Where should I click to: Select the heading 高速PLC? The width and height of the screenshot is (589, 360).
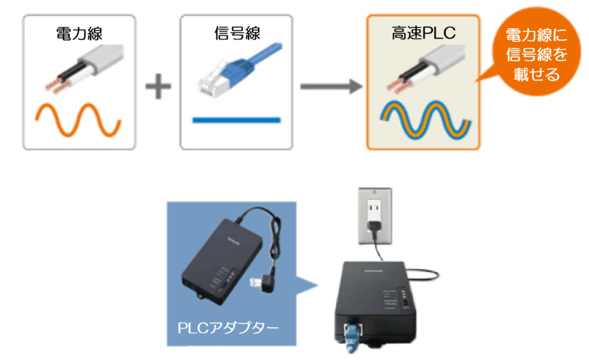(422, 33)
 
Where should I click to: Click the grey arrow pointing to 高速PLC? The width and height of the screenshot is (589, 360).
(331, 86)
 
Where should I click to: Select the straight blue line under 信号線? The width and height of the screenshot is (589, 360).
(236, 120)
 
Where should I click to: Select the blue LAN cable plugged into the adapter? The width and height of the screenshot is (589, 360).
(350, 340)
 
